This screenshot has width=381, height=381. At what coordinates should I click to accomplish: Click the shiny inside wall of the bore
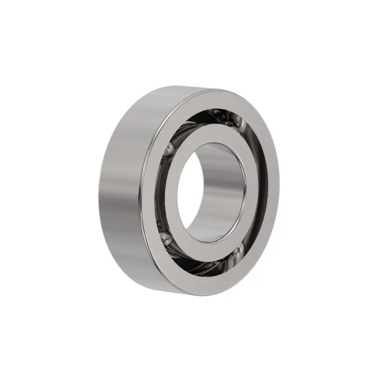(224, 190)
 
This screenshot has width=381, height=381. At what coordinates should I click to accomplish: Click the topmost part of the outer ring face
(214, 95)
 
